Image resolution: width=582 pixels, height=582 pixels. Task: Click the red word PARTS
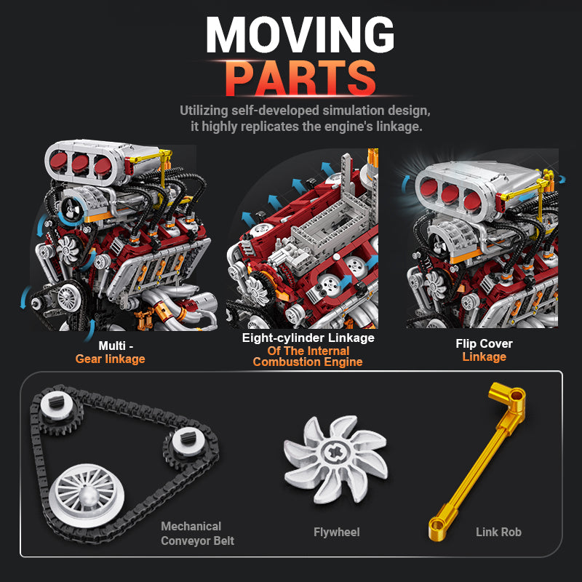300,79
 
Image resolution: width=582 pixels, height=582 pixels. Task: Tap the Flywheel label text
336,532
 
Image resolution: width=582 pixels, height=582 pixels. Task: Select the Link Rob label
498,532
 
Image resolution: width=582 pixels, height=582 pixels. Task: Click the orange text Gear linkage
111,359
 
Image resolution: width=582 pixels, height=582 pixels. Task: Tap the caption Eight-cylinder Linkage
308,338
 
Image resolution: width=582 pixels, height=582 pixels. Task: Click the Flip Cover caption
484,343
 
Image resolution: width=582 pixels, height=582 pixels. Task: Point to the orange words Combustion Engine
308,362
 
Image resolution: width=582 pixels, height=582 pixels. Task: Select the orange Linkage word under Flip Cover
484,356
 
